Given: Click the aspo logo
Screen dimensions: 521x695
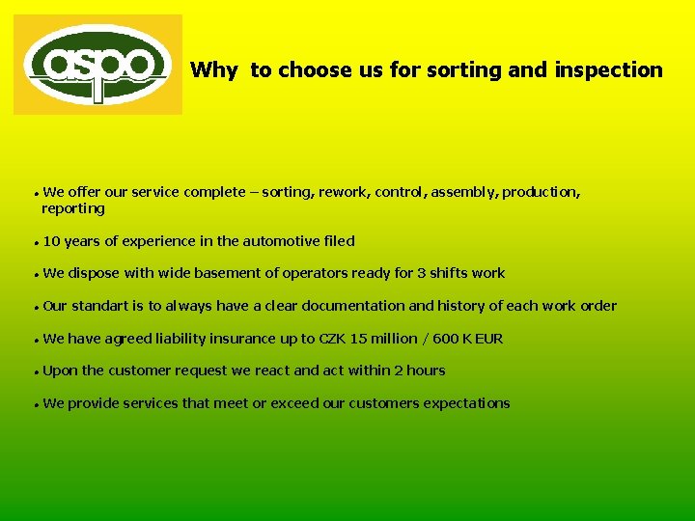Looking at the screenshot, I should pos(97,65).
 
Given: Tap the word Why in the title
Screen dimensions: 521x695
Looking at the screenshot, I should pos(213,69).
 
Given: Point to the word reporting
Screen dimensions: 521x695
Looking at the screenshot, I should pos(73,208).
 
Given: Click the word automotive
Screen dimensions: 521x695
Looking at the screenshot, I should pos(282,241).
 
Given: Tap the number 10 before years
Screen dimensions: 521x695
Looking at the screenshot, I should pos(52,241).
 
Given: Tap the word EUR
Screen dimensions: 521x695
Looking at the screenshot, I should pos(488,339).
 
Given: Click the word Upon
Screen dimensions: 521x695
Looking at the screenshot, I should pos(61,370).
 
